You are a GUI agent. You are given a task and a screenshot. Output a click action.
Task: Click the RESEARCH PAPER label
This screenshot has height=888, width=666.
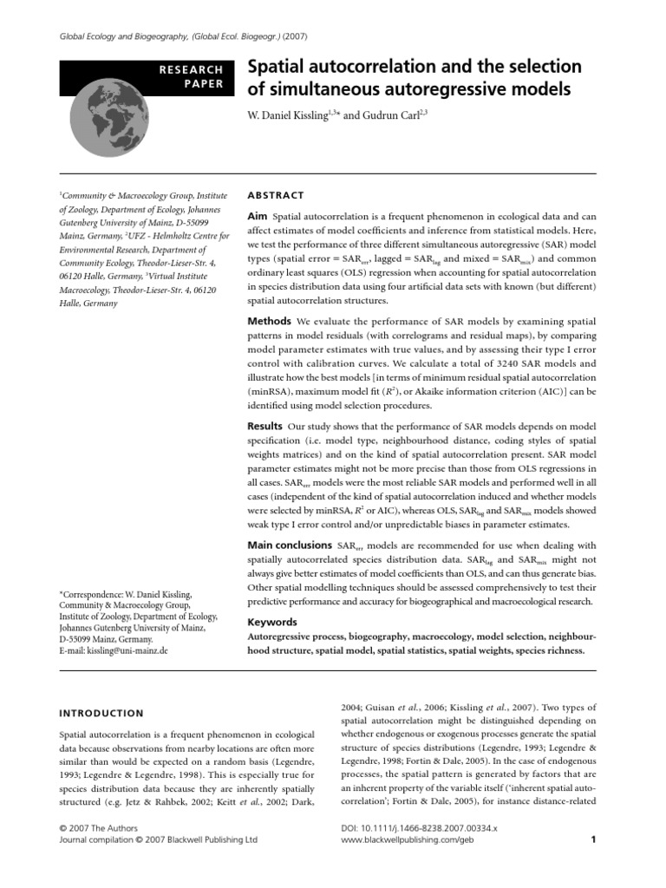point(193,76)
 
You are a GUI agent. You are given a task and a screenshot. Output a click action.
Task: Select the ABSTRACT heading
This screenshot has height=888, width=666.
point(277,196)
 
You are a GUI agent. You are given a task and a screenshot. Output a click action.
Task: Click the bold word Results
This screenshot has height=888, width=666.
point(265,427)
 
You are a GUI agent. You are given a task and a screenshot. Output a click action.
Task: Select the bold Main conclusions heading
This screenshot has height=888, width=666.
point(289,545)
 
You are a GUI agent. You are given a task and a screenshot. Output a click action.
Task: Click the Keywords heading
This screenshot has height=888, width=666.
point(273,622)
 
